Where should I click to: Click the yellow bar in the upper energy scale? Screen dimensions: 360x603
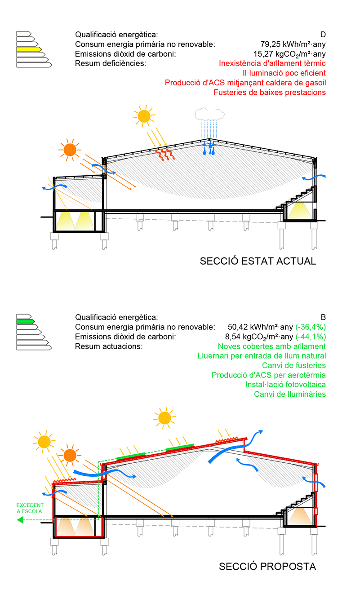tap(29, 49)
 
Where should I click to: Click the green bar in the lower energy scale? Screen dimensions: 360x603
tap(26, 321)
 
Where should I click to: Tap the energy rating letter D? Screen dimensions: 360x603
tap(323, 35)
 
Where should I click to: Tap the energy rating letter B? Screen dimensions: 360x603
tap(323, 317)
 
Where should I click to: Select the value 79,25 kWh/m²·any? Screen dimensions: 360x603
tap(293, 44)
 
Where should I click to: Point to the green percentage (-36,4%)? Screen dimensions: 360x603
tap(311, 327)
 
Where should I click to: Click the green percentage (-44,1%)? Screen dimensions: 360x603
tap(311, 337)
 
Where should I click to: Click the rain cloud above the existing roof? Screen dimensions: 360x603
tap(210, 114)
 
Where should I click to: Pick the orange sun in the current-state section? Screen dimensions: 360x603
tap(70, 150)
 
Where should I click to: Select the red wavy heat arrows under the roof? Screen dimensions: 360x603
tap(165, 155)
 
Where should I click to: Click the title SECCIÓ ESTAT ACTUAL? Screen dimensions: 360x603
tap(258, 261)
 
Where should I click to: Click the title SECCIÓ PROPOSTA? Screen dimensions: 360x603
tap(267, 567)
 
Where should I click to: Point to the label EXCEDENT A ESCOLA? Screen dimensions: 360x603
tap(30, 508)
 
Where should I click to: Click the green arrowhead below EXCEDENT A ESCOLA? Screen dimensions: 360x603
tap(20, 520)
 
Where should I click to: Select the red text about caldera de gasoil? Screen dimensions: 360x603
tap(245, 83)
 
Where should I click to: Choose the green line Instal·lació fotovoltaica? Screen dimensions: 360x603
tap(285, 385)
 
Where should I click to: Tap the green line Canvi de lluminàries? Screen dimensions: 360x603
tap(290, 395)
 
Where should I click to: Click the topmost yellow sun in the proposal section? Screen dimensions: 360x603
tap(164, 418)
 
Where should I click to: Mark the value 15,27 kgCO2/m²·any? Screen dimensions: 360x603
tap(289, 54)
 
